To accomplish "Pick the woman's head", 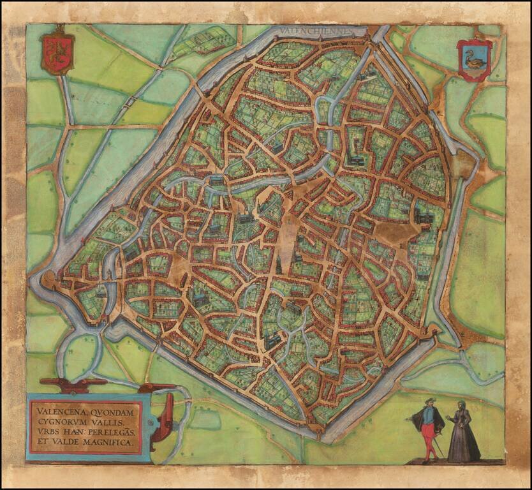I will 460,405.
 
